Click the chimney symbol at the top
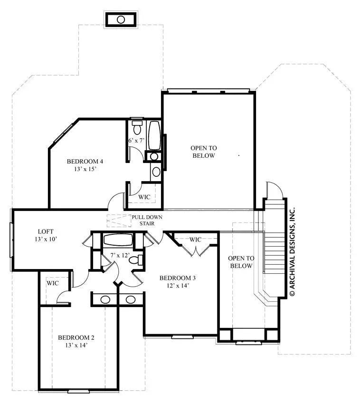point(121,19)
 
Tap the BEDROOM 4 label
point(85,161)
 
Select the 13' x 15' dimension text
point(85,169)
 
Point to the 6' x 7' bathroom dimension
point(136,141)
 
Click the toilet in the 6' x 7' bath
point(137,127)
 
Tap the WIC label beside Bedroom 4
point(144,196)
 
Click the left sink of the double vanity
point(105,299)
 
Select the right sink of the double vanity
point(130,299)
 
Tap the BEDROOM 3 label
point(178,278)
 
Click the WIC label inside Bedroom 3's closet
point(196,240)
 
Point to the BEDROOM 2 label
point(76,337)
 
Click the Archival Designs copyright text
point(293,252)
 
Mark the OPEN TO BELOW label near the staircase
point(241,262)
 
